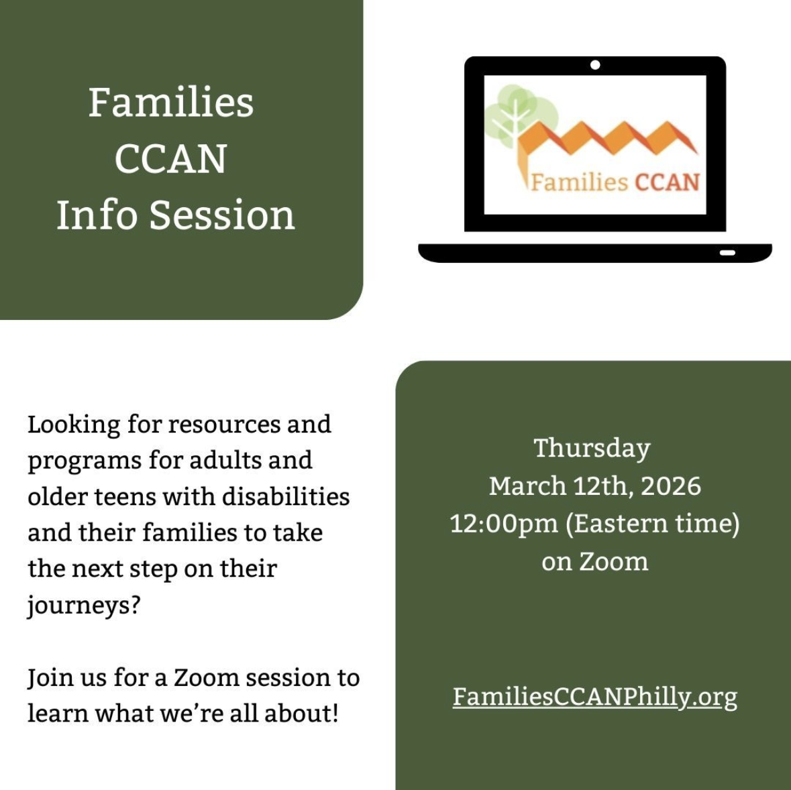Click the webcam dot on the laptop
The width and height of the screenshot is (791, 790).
[595, 64]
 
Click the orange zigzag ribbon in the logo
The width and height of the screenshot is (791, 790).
[607, 144]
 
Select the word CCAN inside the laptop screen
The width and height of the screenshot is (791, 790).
[667, 182]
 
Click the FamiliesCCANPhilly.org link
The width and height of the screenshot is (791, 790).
[595, 697]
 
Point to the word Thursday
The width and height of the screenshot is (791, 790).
[592, 449]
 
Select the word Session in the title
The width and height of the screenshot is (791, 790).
[222, 215]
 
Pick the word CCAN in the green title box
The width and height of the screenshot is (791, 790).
[171, 159]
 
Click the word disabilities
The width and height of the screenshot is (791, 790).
[286, 496]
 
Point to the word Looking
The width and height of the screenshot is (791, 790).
[74, 425]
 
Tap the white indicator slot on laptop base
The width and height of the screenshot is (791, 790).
[727, 253]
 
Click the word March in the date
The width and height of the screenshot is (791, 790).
[528, 486]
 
